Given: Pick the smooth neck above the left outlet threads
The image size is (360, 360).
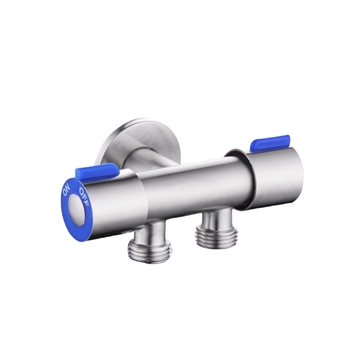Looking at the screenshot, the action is point(144,231).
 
